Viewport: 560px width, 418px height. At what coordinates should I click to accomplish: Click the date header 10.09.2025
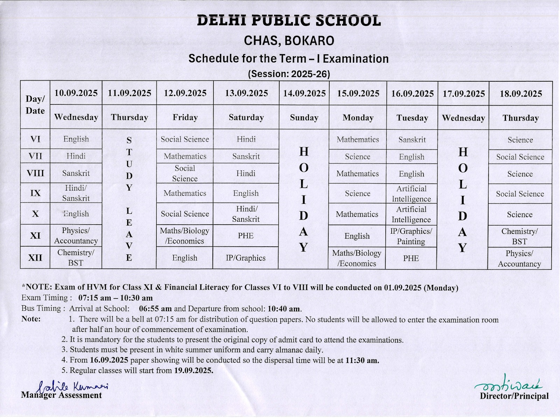76,93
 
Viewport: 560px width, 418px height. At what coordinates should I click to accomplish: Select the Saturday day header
246,117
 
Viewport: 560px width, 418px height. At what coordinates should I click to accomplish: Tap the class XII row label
35,258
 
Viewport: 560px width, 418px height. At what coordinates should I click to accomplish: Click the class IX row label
35,193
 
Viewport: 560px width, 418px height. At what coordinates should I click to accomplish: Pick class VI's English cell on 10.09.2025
76,139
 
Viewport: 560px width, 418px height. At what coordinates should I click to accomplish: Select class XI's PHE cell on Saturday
246,236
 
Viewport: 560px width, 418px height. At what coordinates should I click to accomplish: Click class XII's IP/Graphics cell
246,258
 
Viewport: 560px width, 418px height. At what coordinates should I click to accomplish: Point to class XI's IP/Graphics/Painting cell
411,237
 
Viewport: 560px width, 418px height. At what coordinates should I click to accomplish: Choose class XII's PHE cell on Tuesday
411,259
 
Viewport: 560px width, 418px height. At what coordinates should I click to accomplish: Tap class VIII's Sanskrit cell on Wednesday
76,173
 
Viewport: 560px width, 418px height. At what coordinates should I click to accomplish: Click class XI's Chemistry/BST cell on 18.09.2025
520,237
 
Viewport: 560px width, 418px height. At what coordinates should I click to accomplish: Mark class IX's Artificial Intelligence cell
412,194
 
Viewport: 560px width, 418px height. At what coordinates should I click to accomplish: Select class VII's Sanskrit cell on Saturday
246,156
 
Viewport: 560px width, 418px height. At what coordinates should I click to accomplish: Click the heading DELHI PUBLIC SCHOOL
289,21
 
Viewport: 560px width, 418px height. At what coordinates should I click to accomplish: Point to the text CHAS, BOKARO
289,41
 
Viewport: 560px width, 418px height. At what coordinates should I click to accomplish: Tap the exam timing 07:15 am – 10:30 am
115,298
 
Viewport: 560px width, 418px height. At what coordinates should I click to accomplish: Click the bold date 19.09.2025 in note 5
194,371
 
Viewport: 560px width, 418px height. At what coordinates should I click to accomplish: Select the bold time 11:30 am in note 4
362,361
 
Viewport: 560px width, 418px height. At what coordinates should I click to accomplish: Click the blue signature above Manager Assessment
73,386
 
